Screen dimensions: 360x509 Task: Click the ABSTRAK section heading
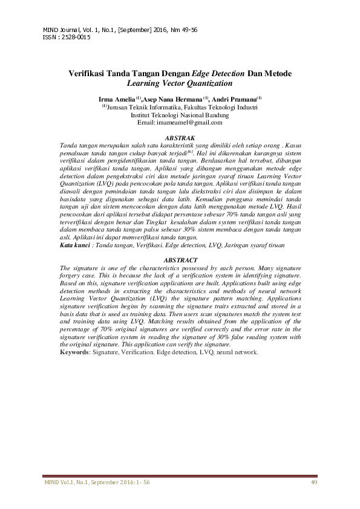tap(180, 138)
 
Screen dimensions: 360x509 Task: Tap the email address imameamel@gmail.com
tap(189, 122)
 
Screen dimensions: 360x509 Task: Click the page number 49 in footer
tap(313, 482)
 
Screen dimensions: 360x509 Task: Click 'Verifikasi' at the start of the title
tap(88, 73)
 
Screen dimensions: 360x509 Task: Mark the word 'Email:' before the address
tap(146, 122)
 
